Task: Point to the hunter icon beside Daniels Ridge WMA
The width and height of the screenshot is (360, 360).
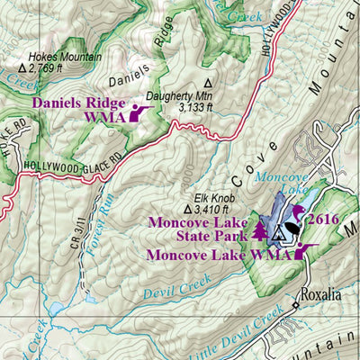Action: pyautogui.click(x=139, y=112)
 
